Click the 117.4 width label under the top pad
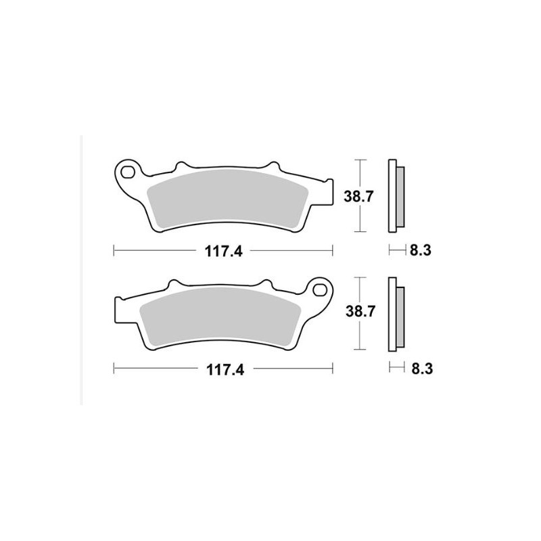coord(222,251)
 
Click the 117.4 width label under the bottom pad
coord(222,369)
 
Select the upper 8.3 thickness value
coord(420,251)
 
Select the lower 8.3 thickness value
coord(420,369)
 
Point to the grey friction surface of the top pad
coord(227,196)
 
